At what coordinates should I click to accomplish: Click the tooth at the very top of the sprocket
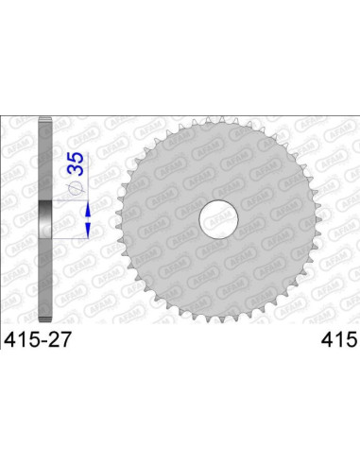pyautogui.click(x=219, y=118)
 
